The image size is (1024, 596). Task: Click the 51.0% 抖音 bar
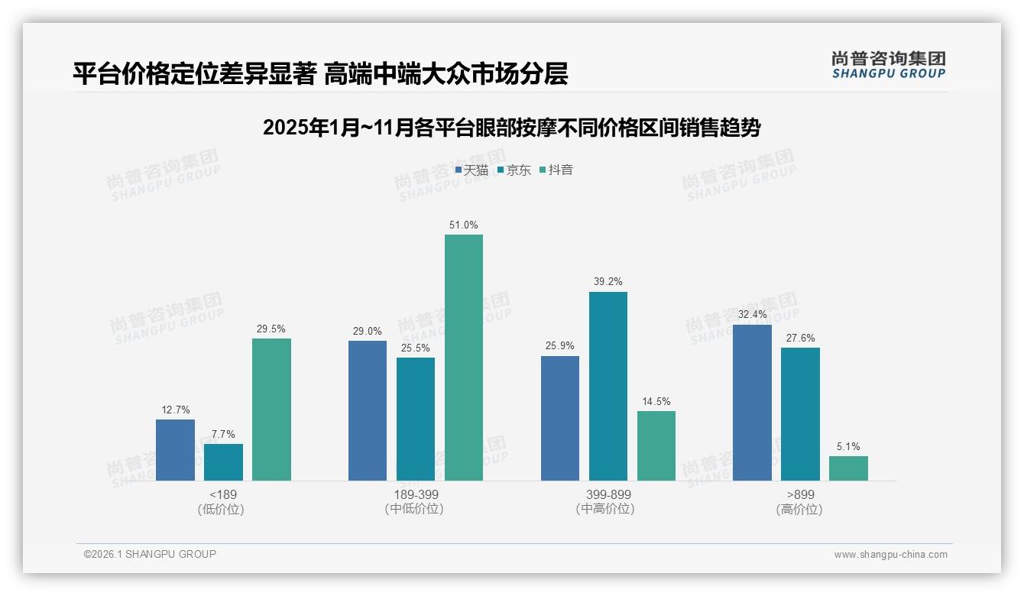tap(464, 358)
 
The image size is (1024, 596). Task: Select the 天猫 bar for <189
tap(175, 450)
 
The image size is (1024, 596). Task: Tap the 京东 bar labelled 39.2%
tap(608, 386)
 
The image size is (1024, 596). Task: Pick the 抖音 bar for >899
tap(848, 468)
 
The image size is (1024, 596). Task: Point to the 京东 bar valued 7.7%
tap(223, 462)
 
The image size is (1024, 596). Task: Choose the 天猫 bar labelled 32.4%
tap(752, 403)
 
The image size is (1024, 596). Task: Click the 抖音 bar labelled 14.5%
tap(656, 445)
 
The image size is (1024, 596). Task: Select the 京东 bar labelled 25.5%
tap(416, 419)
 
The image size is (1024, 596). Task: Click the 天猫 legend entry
tap(471, 170)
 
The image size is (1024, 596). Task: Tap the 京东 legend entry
tap(514, 170)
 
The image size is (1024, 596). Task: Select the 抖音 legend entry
tap(556, 170)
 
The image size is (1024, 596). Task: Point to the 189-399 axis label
tap(416, 495)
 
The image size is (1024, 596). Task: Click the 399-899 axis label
tap(608, 495)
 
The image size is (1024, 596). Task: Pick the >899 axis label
tap(800, 495)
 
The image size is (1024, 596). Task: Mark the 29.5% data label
tap(271, 329)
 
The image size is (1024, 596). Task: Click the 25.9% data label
tap(560, 346)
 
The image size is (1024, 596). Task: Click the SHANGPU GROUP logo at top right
tap(889, 65)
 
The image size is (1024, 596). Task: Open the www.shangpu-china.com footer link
tap(890, 555)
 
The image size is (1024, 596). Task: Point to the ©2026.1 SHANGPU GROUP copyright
tap(150, 554)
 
